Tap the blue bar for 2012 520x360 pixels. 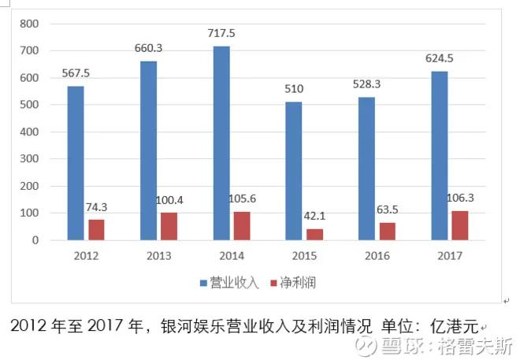(76, 162)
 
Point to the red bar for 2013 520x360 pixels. (169, 226)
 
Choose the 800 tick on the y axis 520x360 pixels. (29, 24)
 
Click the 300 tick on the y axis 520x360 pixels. (29, 159)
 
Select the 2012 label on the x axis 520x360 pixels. (86, 257)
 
